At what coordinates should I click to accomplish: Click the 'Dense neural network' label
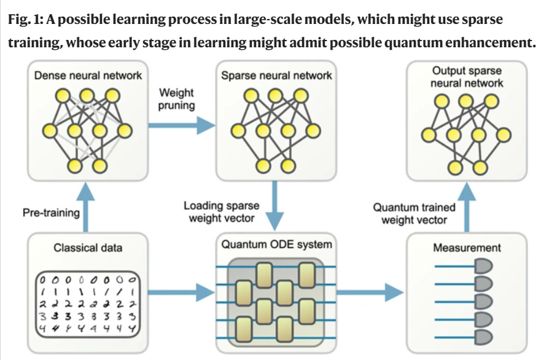pyautogui.click(x=88, y=76)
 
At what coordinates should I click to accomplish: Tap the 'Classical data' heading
pyautogui.click(x=88, y=248)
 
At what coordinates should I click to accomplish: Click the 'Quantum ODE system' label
pyautogui.click(x=277, y=245)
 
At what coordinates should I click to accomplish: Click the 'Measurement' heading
pyautogui.click(x=467, y=248)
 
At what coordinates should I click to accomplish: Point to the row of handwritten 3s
pyautogui.click(x=88, y=317)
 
